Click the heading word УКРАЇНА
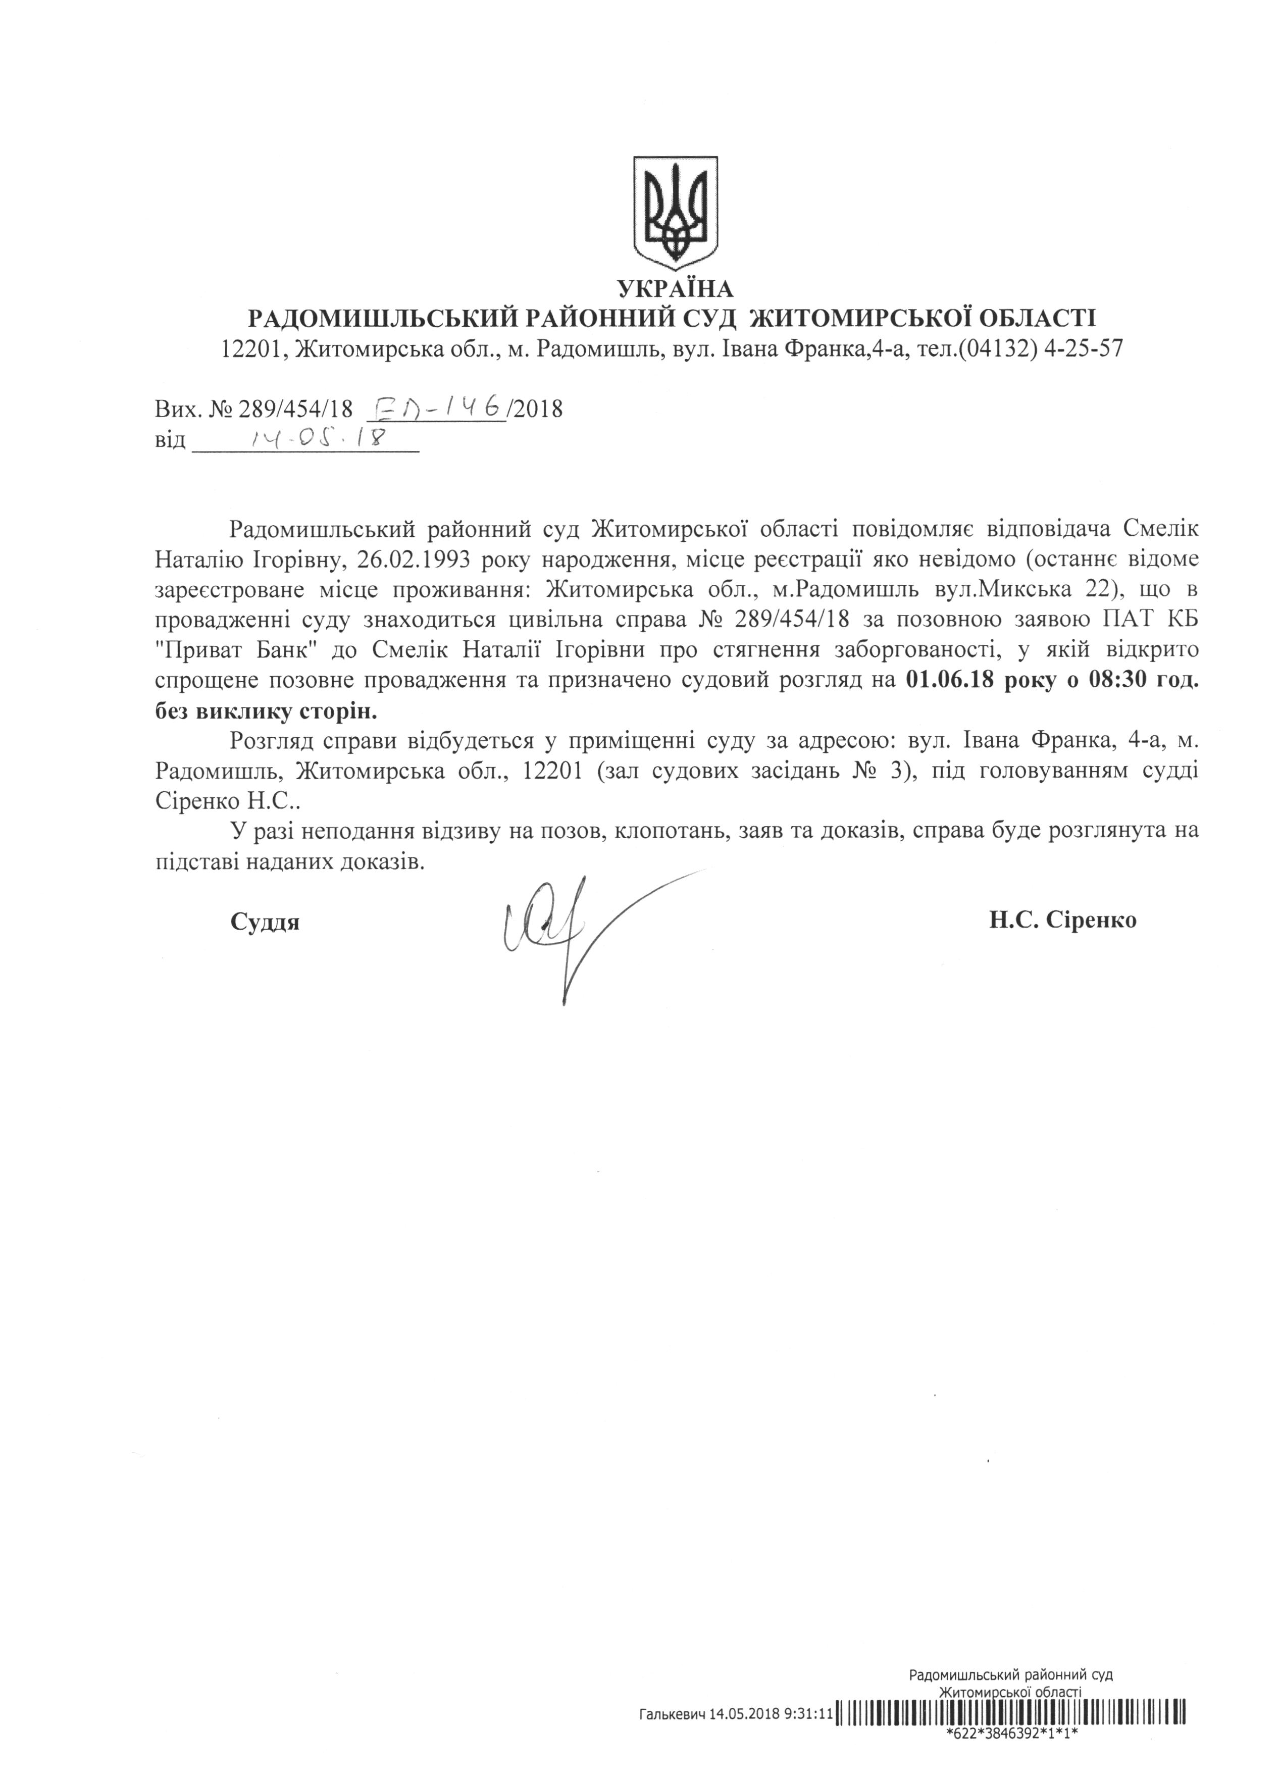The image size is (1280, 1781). point(675,289)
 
